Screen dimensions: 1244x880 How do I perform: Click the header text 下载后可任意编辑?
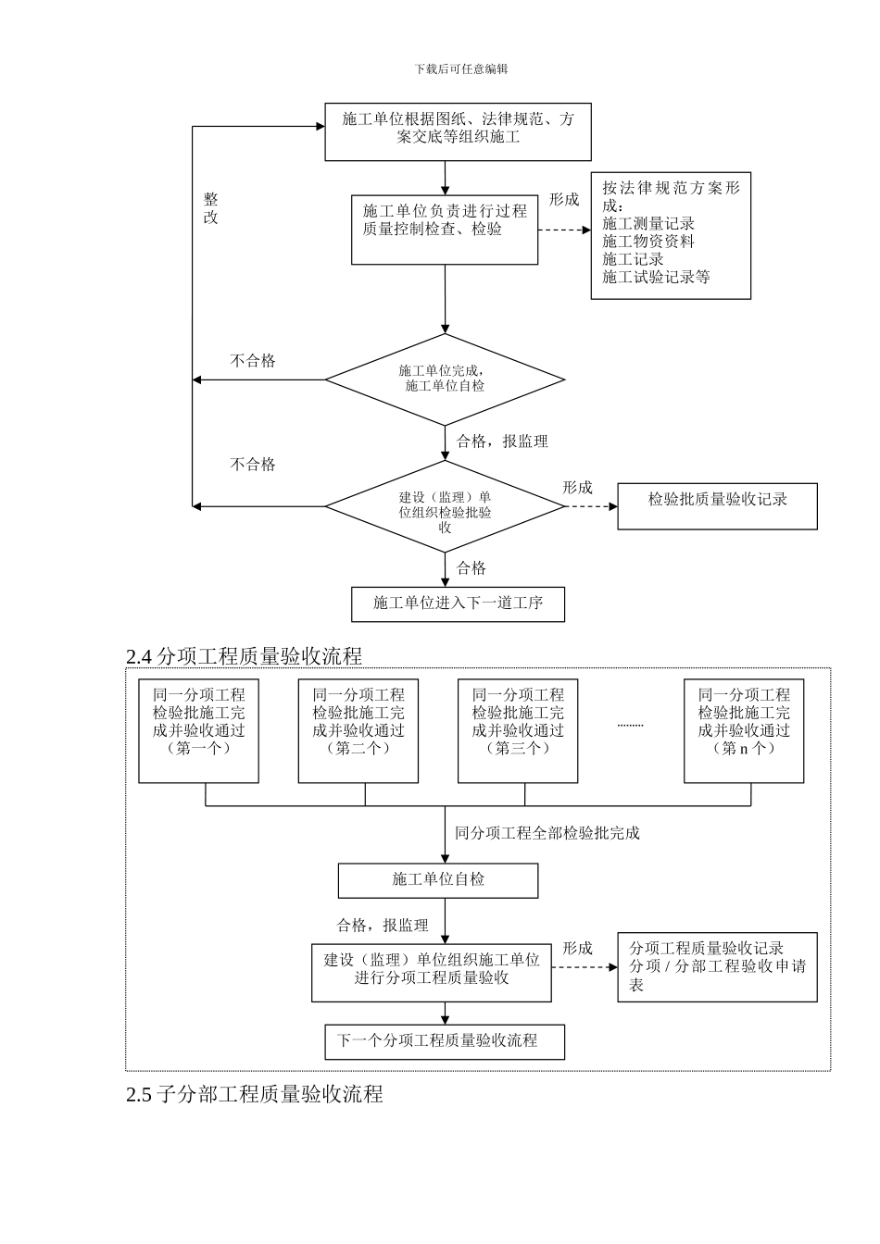[461, 68]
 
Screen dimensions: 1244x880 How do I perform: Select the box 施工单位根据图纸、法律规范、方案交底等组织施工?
[458, 131]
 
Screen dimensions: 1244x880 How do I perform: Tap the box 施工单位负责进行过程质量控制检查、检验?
[445, 229]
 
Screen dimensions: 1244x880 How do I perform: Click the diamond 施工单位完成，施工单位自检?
[445, 379]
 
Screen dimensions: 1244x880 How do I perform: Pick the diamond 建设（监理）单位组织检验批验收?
[445, 506]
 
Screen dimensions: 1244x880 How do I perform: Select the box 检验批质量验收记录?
[717, 505]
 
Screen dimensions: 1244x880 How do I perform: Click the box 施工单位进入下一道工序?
[458, 603]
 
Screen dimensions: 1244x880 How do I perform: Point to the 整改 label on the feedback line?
[211, 209]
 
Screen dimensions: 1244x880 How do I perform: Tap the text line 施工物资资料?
[648, 242]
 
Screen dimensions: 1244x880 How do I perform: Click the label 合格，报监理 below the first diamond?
[502, 442]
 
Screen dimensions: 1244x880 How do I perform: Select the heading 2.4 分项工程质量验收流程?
[244, 656]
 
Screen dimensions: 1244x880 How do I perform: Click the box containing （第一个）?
[199, 730]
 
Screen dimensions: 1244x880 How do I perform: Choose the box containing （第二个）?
[358, 730]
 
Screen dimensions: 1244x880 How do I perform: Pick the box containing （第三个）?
[518, 730]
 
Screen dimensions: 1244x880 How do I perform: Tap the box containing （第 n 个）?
[744, 730]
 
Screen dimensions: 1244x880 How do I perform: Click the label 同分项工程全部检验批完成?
[547, 833]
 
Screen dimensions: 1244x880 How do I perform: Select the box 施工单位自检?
[438, 880]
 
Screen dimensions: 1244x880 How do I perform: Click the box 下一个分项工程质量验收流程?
[445, 1041]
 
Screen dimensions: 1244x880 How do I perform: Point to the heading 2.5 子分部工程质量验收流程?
[254, 1094]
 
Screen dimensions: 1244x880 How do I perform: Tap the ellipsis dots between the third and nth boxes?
[630, 725]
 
